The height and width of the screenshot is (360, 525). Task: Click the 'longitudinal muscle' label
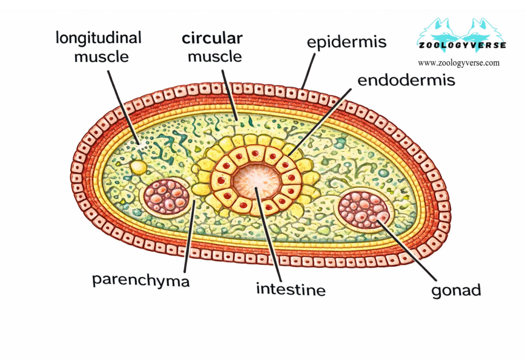tap(98, 46)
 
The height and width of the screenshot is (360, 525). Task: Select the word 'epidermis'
tap(347, 42)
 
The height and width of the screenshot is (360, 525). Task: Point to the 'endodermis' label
tap(406, 80)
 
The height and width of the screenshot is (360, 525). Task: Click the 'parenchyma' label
tap(141, 279)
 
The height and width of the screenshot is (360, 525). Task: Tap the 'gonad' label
tap(456, 290)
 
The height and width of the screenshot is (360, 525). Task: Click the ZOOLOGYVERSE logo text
tap(461, 45)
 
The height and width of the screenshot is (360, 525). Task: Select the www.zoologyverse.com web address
tap(458, 63)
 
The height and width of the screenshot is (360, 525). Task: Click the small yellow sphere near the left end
tap(137, 166)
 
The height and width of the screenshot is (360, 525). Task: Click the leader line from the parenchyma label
tap(189, 236)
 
